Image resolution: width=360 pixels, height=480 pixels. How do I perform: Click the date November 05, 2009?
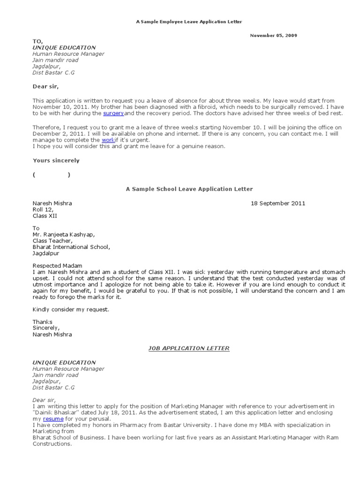click(273, 36)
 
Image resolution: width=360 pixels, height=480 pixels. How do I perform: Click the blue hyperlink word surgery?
click(113, 113)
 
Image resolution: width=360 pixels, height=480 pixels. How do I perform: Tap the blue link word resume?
click(53, 419)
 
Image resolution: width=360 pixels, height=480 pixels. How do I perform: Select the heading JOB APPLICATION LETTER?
click(189, 348)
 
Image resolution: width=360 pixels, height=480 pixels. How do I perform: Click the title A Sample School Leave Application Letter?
click(189, 189)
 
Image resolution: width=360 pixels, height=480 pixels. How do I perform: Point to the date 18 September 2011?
click(278, 203)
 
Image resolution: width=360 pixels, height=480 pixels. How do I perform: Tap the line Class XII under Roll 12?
click(45, 216)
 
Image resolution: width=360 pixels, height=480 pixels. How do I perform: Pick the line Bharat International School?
click(71, 247)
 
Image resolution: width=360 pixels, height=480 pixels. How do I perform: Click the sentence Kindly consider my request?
click(70, 309)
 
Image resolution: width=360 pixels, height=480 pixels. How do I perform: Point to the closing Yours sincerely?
click(56, 160)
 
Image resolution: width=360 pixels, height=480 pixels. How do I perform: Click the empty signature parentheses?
click(52, 175)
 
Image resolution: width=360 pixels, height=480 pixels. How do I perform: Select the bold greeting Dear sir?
click(45, 86)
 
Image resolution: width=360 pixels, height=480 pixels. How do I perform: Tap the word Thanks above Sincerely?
click(43, 322)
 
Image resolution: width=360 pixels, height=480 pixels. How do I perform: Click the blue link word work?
click(108, 140)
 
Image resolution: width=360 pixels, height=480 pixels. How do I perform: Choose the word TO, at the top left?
click(37, 41)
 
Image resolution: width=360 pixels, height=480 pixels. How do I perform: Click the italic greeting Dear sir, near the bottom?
click(44, 400)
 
